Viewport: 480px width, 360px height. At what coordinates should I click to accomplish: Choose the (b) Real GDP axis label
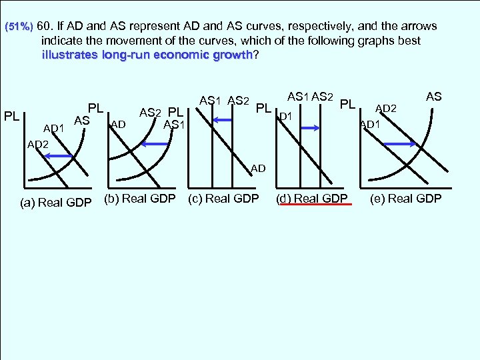click(x=140, y=199)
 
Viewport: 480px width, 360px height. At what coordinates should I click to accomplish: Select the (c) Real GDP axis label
click(x=224, y=199)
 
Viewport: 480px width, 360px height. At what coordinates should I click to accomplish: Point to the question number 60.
click(x=45, y=27)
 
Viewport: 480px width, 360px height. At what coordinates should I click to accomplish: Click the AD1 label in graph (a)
click(x=53, y=127)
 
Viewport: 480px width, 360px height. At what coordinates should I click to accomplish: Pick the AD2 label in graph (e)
click(x=386, y=108)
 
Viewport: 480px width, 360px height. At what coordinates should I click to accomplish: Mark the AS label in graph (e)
click(x=434, y=97)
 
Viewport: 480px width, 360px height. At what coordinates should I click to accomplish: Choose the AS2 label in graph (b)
click(x=150, y=113)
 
